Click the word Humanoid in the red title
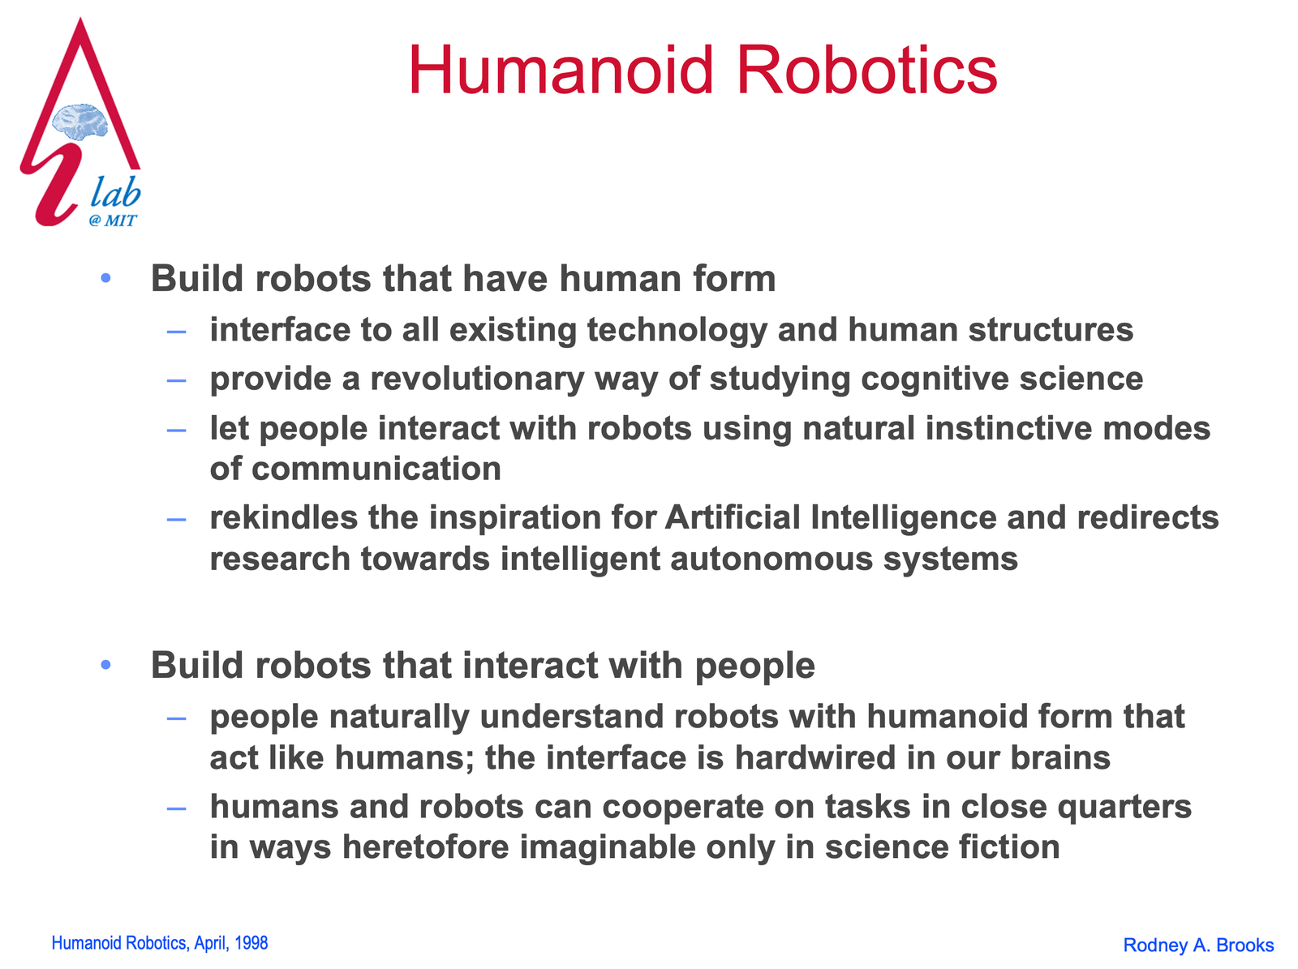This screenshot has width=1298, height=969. [561, 71]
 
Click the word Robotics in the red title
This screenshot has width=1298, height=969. [867, 71]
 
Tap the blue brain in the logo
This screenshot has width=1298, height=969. [80, 122]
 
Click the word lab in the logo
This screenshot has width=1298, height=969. [115, 192]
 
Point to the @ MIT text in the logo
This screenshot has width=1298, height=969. [113, 221]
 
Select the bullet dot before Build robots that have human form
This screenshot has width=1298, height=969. [105, 277]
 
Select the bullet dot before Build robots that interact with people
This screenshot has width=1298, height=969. [105, 665]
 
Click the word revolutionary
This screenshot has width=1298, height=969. [477, 379]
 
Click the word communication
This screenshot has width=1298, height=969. [376, 469]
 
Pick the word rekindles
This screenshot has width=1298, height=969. [284, 517]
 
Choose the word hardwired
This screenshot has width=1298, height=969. [815, 757]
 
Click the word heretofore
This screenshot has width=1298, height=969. [426, 847]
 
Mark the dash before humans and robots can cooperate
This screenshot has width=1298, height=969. [176, 808]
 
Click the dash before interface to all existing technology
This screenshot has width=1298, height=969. [176, 332]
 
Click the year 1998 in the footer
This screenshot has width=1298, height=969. [251, 943]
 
